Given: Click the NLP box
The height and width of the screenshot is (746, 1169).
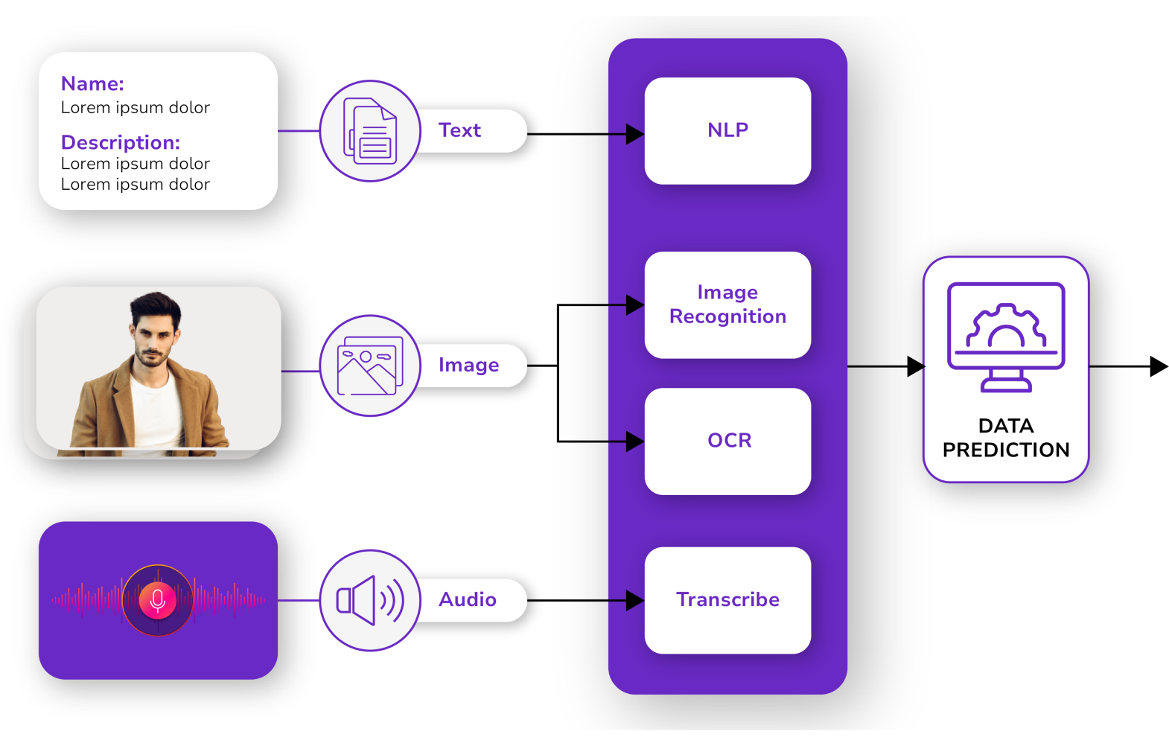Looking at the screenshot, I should click(x=727, y=131).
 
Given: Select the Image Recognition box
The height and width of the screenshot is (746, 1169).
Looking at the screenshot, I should click(x=727, y=305).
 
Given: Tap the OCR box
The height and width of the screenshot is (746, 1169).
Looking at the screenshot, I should click(x=727, y=441).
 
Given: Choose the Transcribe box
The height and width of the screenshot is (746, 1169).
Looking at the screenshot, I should click(x=727, y=600).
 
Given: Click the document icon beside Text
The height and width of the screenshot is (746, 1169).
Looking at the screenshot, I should click(x=370, y=131).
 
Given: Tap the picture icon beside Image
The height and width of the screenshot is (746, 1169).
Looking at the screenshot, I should click(x=370, y=366).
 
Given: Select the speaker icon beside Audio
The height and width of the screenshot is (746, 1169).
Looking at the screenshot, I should click(x=370, y=600).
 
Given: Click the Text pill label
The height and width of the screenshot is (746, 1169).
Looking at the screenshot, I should click(x=460, y=131).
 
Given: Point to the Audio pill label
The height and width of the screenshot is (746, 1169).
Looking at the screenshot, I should click(x=468, y=600).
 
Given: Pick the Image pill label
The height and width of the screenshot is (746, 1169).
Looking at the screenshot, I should click(x=469, y=366).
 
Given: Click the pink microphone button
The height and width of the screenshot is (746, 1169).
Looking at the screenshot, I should click(x=158, y=600).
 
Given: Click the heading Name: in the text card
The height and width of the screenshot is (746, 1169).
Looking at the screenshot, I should click(x=92, y=84).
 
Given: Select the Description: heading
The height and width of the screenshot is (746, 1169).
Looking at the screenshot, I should click(x=121, y=142).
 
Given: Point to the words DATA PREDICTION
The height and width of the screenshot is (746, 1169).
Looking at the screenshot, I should click(x=1006, y=438).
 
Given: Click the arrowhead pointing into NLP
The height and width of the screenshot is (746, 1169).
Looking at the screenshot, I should click(x=634, y=135).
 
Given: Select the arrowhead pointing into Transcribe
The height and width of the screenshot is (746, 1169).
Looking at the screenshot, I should click(x=634, y=600).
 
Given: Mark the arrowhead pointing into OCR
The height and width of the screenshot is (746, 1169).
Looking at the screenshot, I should click(x=634, y=441).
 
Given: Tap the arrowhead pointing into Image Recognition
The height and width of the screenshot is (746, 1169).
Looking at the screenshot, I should click(x=634, y=305).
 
